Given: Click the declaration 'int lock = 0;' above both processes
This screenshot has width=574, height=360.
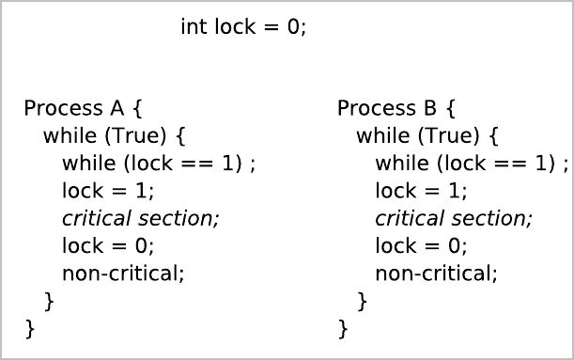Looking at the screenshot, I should coord(243,27).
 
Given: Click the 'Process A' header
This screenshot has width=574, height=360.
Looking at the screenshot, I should coord(83,108).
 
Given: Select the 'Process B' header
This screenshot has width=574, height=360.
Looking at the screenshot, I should coord(396,108).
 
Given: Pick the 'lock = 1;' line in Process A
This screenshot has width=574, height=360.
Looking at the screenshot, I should coord(107,191).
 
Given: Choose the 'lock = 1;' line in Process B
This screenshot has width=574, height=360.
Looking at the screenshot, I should coord(420,191).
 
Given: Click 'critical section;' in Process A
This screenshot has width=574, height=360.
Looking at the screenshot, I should coord(140,218).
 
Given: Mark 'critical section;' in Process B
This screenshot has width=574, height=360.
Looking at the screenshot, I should coord(453,218).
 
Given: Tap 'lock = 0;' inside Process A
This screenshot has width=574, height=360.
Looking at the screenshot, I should coord(107,246).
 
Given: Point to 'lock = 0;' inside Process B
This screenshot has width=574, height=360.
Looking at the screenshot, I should coord(420,246).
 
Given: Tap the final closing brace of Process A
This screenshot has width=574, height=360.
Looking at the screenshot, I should coord(29,329).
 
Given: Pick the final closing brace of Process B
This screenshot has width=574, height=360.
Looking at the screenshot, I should coord(343,329).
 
